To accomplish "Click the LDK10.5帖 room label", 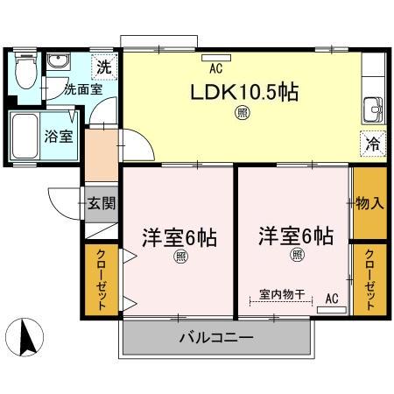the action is [x=244, y=93].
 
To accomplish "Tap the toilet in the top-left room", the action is [x=26, y=70].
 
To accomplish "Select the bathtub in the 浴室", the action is [x=25, y=136].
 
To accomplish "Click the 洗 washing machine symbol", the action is [x=104, y=67].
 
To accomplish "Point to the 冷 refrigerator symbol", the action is [x=373, y=144].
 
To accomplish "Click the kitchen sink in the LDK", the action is [x=373, y=110].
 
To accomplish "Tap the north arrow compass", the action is [x=25, y=337].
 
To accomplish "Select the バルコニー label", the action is [x=216, y=338].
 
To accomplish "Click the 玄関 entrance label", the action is [x=102, y=203].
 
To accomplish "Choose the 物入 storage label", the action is [x=369, y=203].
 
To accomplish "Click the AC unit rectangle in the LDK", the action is [x=216, y=58].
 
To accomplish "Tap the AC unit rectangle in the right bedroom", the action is [x=332, y=310].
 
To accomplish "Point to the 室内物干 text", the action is [x=282, y=294].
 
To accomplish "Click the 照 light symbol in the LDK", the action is [x=243, y=113].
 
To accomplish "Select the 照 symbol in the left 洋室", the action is [x=181, y=257].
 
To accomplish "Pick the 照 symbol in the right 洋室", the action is [x=297, y=255].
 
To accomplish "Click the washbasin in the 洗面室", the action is [x=58, y=61].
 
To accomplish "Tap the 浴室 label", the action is [x=59, y=137].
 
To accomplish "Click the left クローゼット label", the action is [x=102, y=279].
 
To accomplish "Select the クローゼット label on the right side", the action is [x=369, y=279].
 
